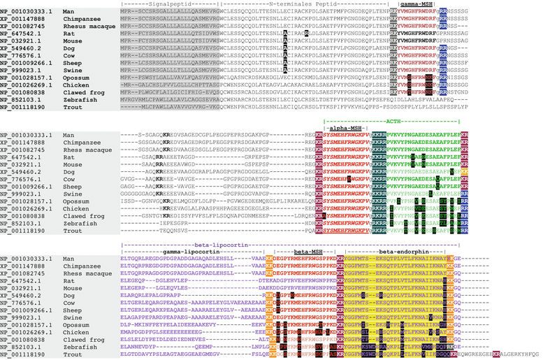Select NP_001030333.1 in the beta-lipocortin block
pos(28,259)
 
